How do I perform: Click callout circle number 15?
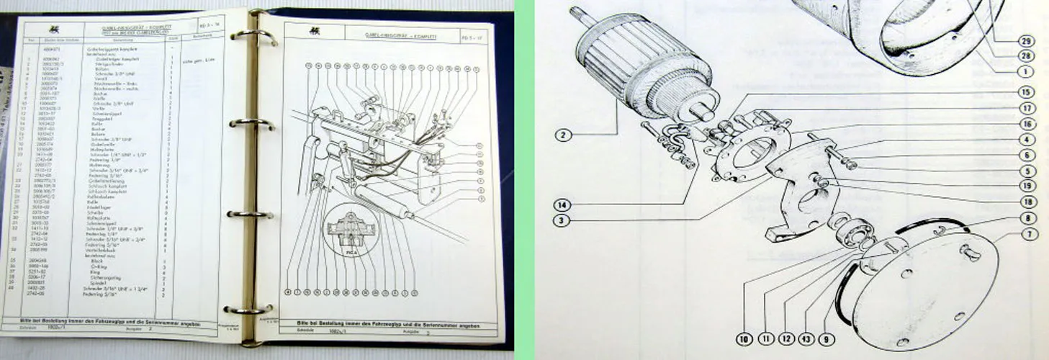(1025, 92)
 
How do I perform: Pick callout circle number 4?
(1025, 140)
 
